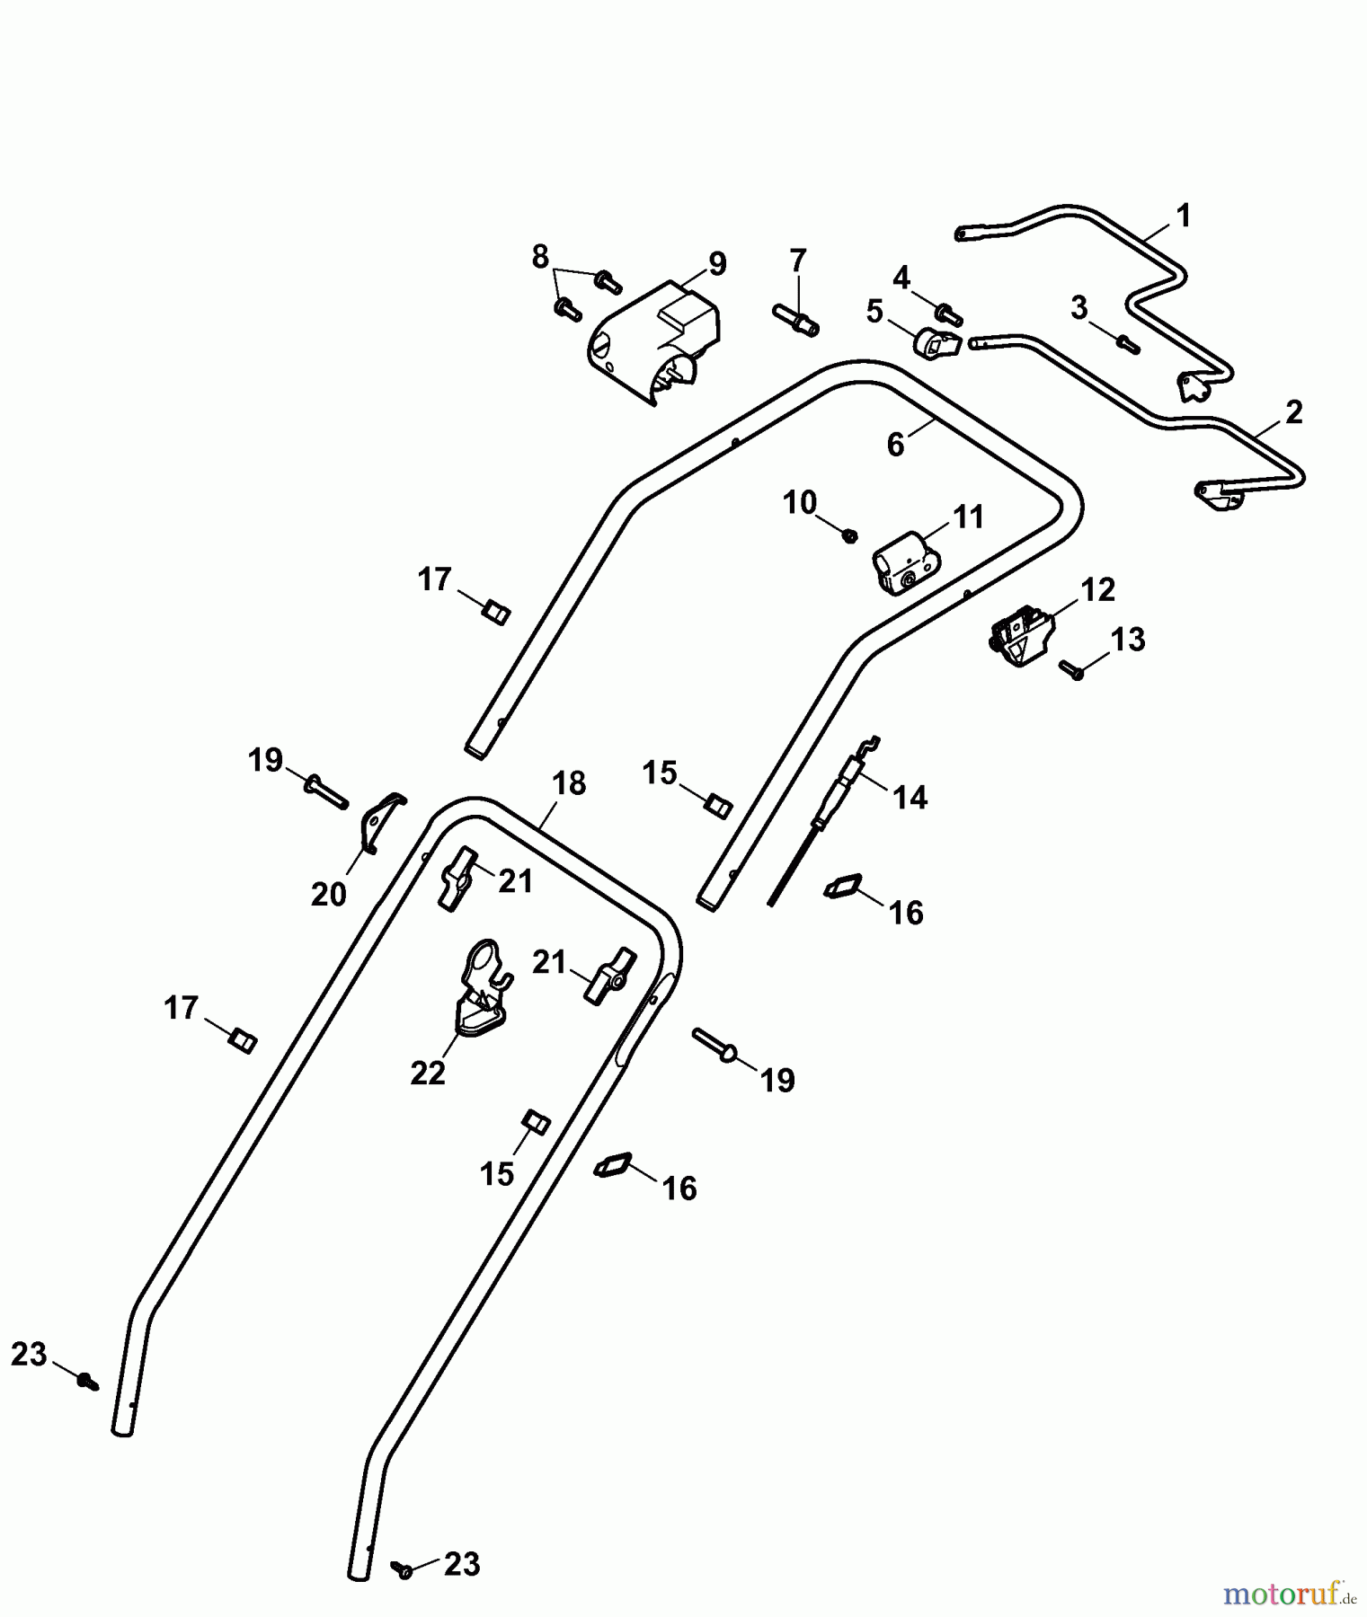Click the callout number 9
tap(716, 264)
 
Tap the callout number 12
tap(1097, 590)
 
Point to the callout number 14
tap(910, 797)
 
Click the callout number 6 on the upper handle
tap(896, 445)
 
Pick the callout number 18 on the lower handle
tap(569, 783)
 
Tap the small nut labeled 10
tap(848, 536)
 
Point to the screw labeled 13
tap(1071, 670)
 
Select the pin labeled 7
tap(794, 319)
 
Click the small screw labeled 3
tap(1127, 344)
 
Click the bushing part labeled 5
tap(936, 342)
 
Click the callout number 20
tap(329, 894)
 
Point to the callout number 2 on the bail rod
tap(1293, 412)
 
